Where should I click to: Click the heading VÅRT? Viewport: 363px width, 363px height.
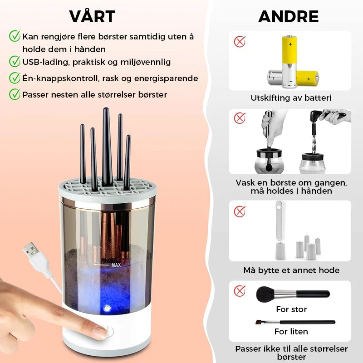[92, 16]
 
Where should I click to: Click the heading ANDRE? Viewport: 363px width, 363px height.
[288, 16]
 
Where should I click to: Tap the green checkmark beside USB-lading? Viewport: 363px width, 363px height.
[15, 62]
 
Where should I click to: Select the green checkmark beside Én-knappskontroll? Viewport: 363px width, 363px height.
[15, 78]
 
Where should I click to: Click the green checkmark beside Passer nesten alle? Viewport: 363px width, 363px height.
[15, 94]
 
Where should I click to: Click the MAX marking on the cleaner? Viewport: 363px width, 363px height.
[116, 265]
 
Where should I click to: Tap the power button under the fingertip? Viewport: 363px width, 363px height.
[109, 332]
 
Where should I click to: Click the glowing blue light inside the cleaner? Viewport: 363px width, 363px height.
[107, 308]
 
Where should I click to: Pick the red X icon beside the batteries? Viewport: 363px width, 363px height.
[240, 42]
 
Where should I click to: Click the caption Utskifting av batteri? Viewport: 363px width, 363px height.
[291, 98]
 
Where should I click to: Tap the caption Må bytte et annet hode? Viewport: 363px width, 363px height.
[291, 270]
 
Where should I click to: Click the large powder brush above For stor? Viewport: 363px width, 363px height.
[293, 294]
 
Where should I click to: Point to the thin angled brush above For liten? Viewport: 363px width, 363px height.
[295, 322]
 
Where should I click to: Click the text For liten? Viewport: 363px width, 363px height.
[291, 332]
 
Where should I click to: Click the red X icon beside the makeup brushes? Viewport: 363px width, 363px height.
[240, 291]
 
